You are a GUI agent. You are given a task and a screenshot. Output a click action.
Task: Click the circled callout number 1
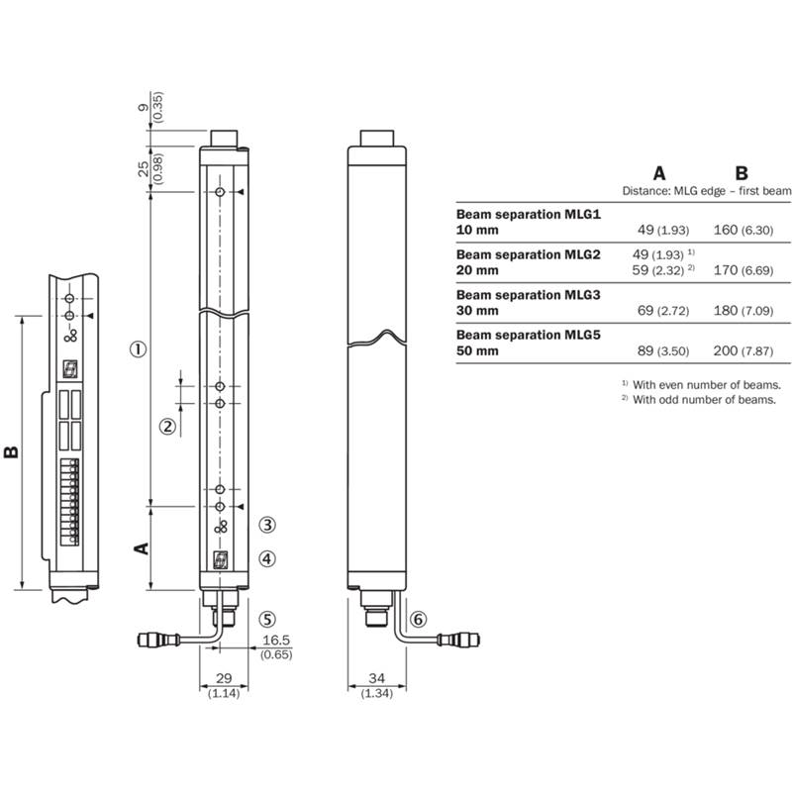(139, 349)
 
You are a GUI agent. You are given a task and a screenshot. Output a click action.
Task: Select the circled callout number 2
(168, 427)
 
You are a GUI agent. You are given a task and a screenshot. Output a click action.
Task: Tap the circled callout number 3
(267, 525)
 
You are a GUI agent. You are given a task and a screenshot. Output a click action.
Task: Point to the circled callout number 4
(267, 558)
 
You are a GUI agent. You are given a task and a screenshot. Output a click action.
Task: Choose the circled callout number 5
(267, 620)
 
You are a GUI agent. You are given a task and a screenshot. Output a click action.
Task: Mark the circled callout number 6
(418, 620)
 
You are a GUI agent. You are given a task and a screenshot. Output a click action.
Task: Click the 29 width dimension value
(224, 678)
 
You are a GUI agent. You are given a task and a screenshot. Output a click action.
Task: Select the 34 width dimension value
(377, 678)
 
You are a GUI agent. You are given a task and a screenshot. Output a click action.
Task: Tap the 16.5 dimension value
(276, 640)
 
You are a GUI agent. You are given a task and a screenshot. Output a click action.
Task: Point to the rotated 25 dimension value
(144, 168)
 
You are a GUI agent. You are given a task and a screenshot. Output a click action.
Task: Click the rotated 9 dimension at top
(144, 108)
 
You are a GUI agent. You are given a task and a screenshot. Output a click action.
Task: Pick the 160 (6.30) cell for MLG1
(743, 230)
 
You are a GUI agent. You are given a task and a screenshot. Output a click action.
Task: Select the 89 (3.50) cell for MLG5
(663, 350)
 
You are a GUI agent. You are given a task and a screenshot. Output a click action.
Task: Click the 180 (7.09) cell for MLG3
(743, 310)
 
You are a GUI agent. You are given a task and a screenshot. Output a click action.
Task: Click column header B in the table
(742, 173)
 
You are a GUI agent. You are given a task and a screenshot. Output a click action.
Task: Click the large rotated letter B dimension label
(11, 451)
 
